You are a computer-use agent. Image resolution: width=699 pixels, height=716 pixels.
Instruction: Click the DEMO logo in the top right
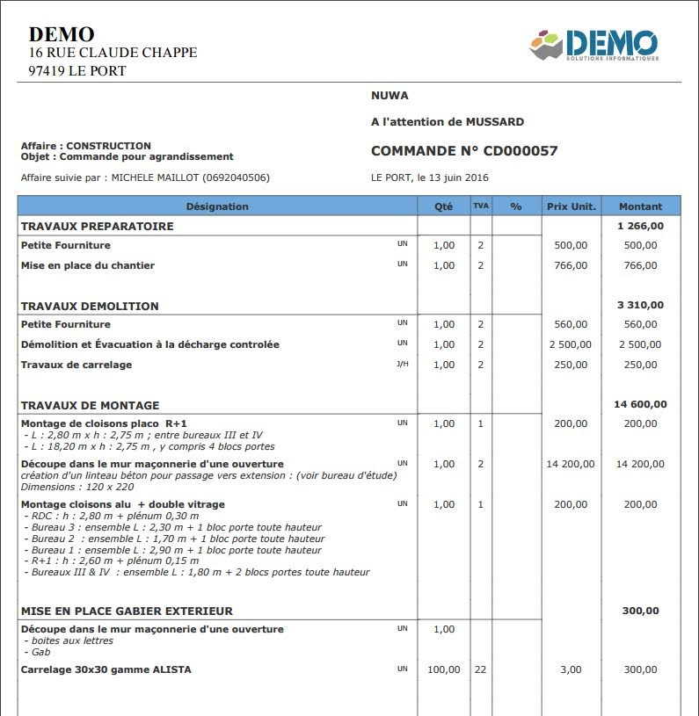point(593,44)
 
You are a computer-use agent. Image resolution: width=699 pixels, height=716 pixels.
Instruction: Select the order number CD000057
point(521,151)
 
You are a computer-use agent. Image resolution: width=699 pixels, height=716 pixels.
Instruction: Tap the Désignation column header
point(217,206)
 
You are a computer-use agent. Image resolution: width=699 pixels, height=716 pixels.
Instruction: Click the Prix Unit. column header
point(572,206)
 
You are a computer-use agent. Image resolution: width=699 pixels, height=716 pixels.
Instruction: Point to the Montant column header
point(640,206)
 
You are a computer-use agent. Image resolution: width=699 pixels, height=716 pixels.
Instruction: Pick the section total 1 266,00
point(640,226)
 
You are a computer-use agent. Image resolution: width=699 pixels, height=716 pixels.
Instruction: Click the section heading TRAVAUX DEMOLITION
point(90,307)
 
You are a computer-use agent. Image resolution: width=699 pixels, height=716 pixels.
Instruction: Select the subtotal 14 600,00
point(640,405)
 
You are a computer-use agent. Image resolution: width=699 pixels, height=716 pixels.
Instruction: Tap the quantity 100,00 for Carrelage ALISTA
point(444,669)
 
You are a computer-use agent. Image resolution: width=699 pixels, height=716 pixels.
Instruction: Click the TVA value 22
point(480,669)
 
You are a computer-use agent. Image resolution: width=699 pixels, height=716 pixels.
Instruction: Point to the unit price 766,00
point(571,265)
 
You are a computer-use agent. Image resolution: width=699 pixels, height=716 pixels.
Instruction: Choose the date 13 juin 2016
point(453,177)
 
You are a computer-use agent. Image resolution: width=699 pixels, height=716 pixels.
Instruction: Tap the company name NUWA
point(390,96)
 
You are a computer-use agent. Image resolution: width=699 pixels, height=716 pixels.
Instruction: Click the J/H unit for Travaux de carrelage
point(402,364)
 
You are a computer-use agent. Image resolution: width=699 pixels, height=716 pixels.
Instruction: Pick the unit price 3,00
point(571,669)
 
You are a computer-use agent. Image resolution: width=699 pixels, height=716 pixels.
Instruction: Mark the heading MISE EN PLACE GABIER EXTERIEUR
point(127,611)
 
